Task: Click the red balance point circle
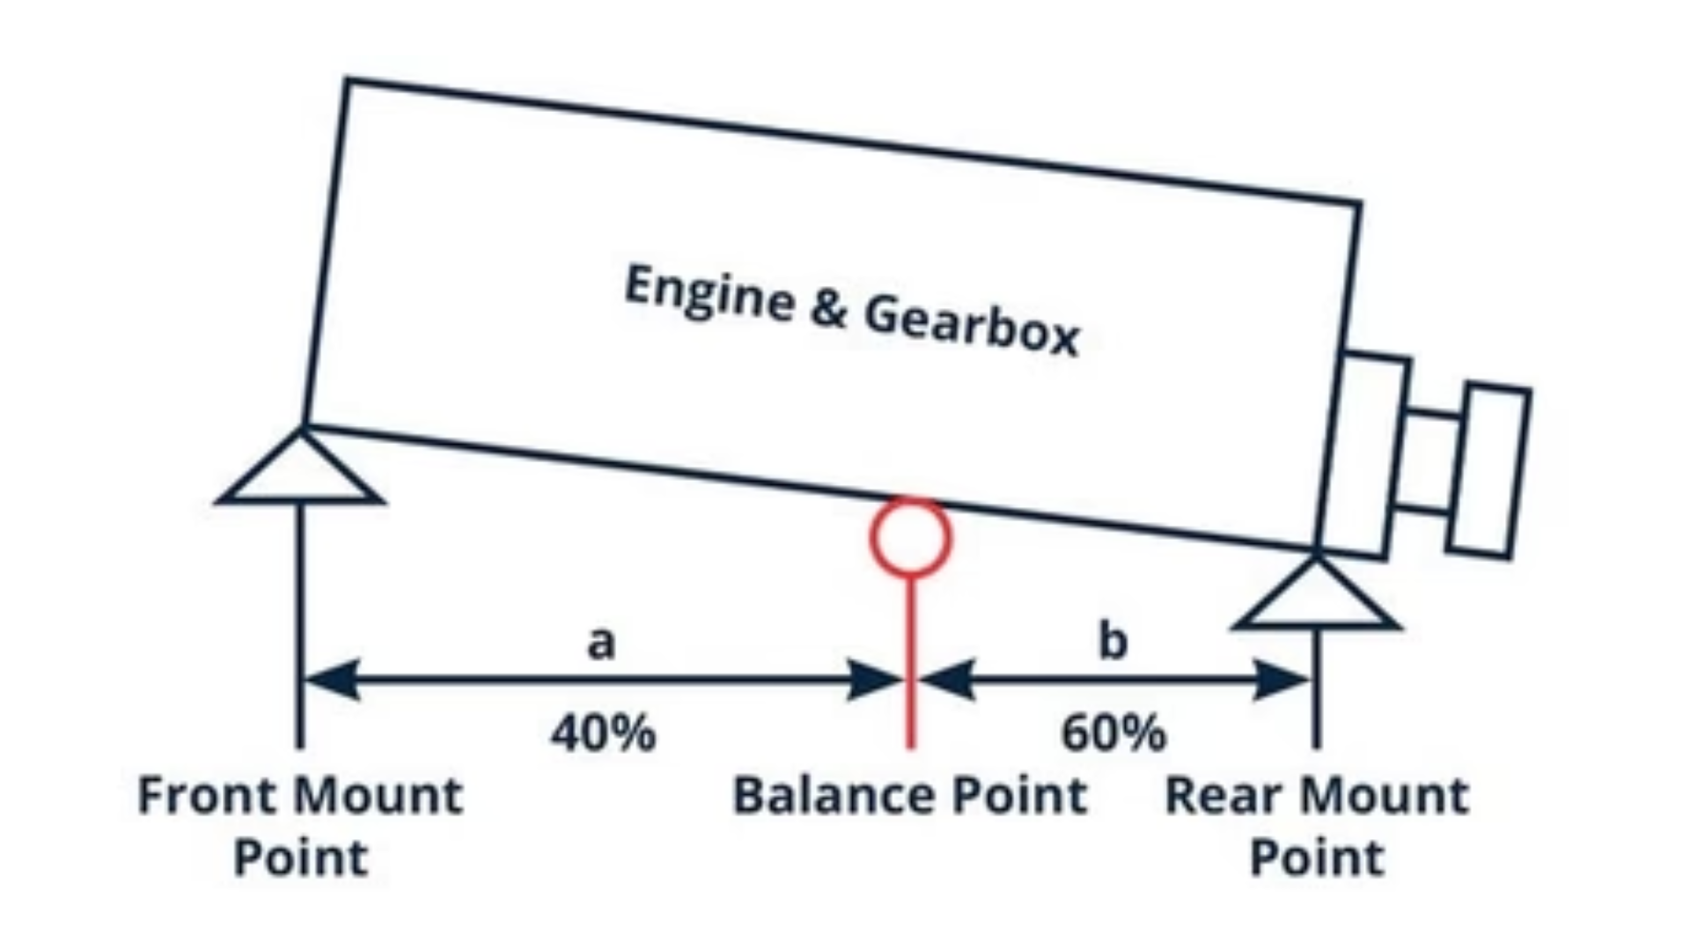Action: (x=910, y=537)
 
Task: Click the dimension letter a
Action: (x=601, y=642)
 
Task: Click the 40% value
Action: (x=604, y=733)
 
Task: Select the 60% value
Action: (x=1114, y=733)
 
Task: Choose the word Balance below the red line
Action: (x=822, y=795)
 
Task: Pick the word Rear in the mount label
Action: (x=1219, y=795)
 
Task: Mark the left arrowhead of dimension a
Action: (x=330, y=680)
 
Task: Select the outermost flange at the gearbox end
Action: (x=1488, y=471)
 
